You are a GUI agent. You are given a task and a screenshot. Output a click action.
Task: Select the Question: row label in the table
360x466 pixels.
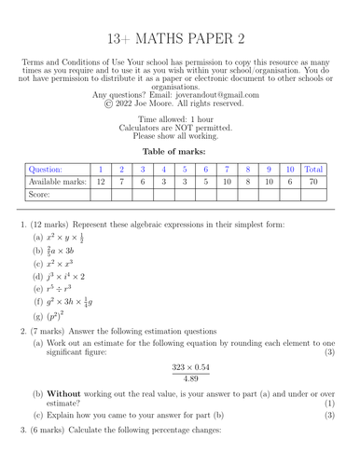[x=47, y=170]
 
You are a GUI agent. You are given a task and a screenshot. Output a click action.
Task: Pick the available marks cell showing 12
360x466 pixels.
[x=100, y=183]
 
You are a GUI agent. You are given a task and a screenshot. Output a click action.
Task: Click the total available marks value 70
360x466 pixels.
[x=314, y=183]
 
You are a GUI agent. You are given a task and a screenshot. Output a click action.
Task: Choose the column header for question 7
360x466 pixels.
[x=227, y=170]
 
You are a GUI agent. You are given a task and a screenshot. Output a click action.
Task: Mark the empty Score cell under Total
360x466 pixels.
[x=314, y=197]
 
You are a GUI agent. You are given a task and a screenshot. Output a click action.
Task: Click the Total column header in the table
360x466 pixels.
[x=314, y=170]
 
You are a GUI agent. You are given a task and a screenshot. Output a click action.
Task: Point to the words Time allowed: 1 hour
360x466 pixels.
[x=179, y=119]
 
